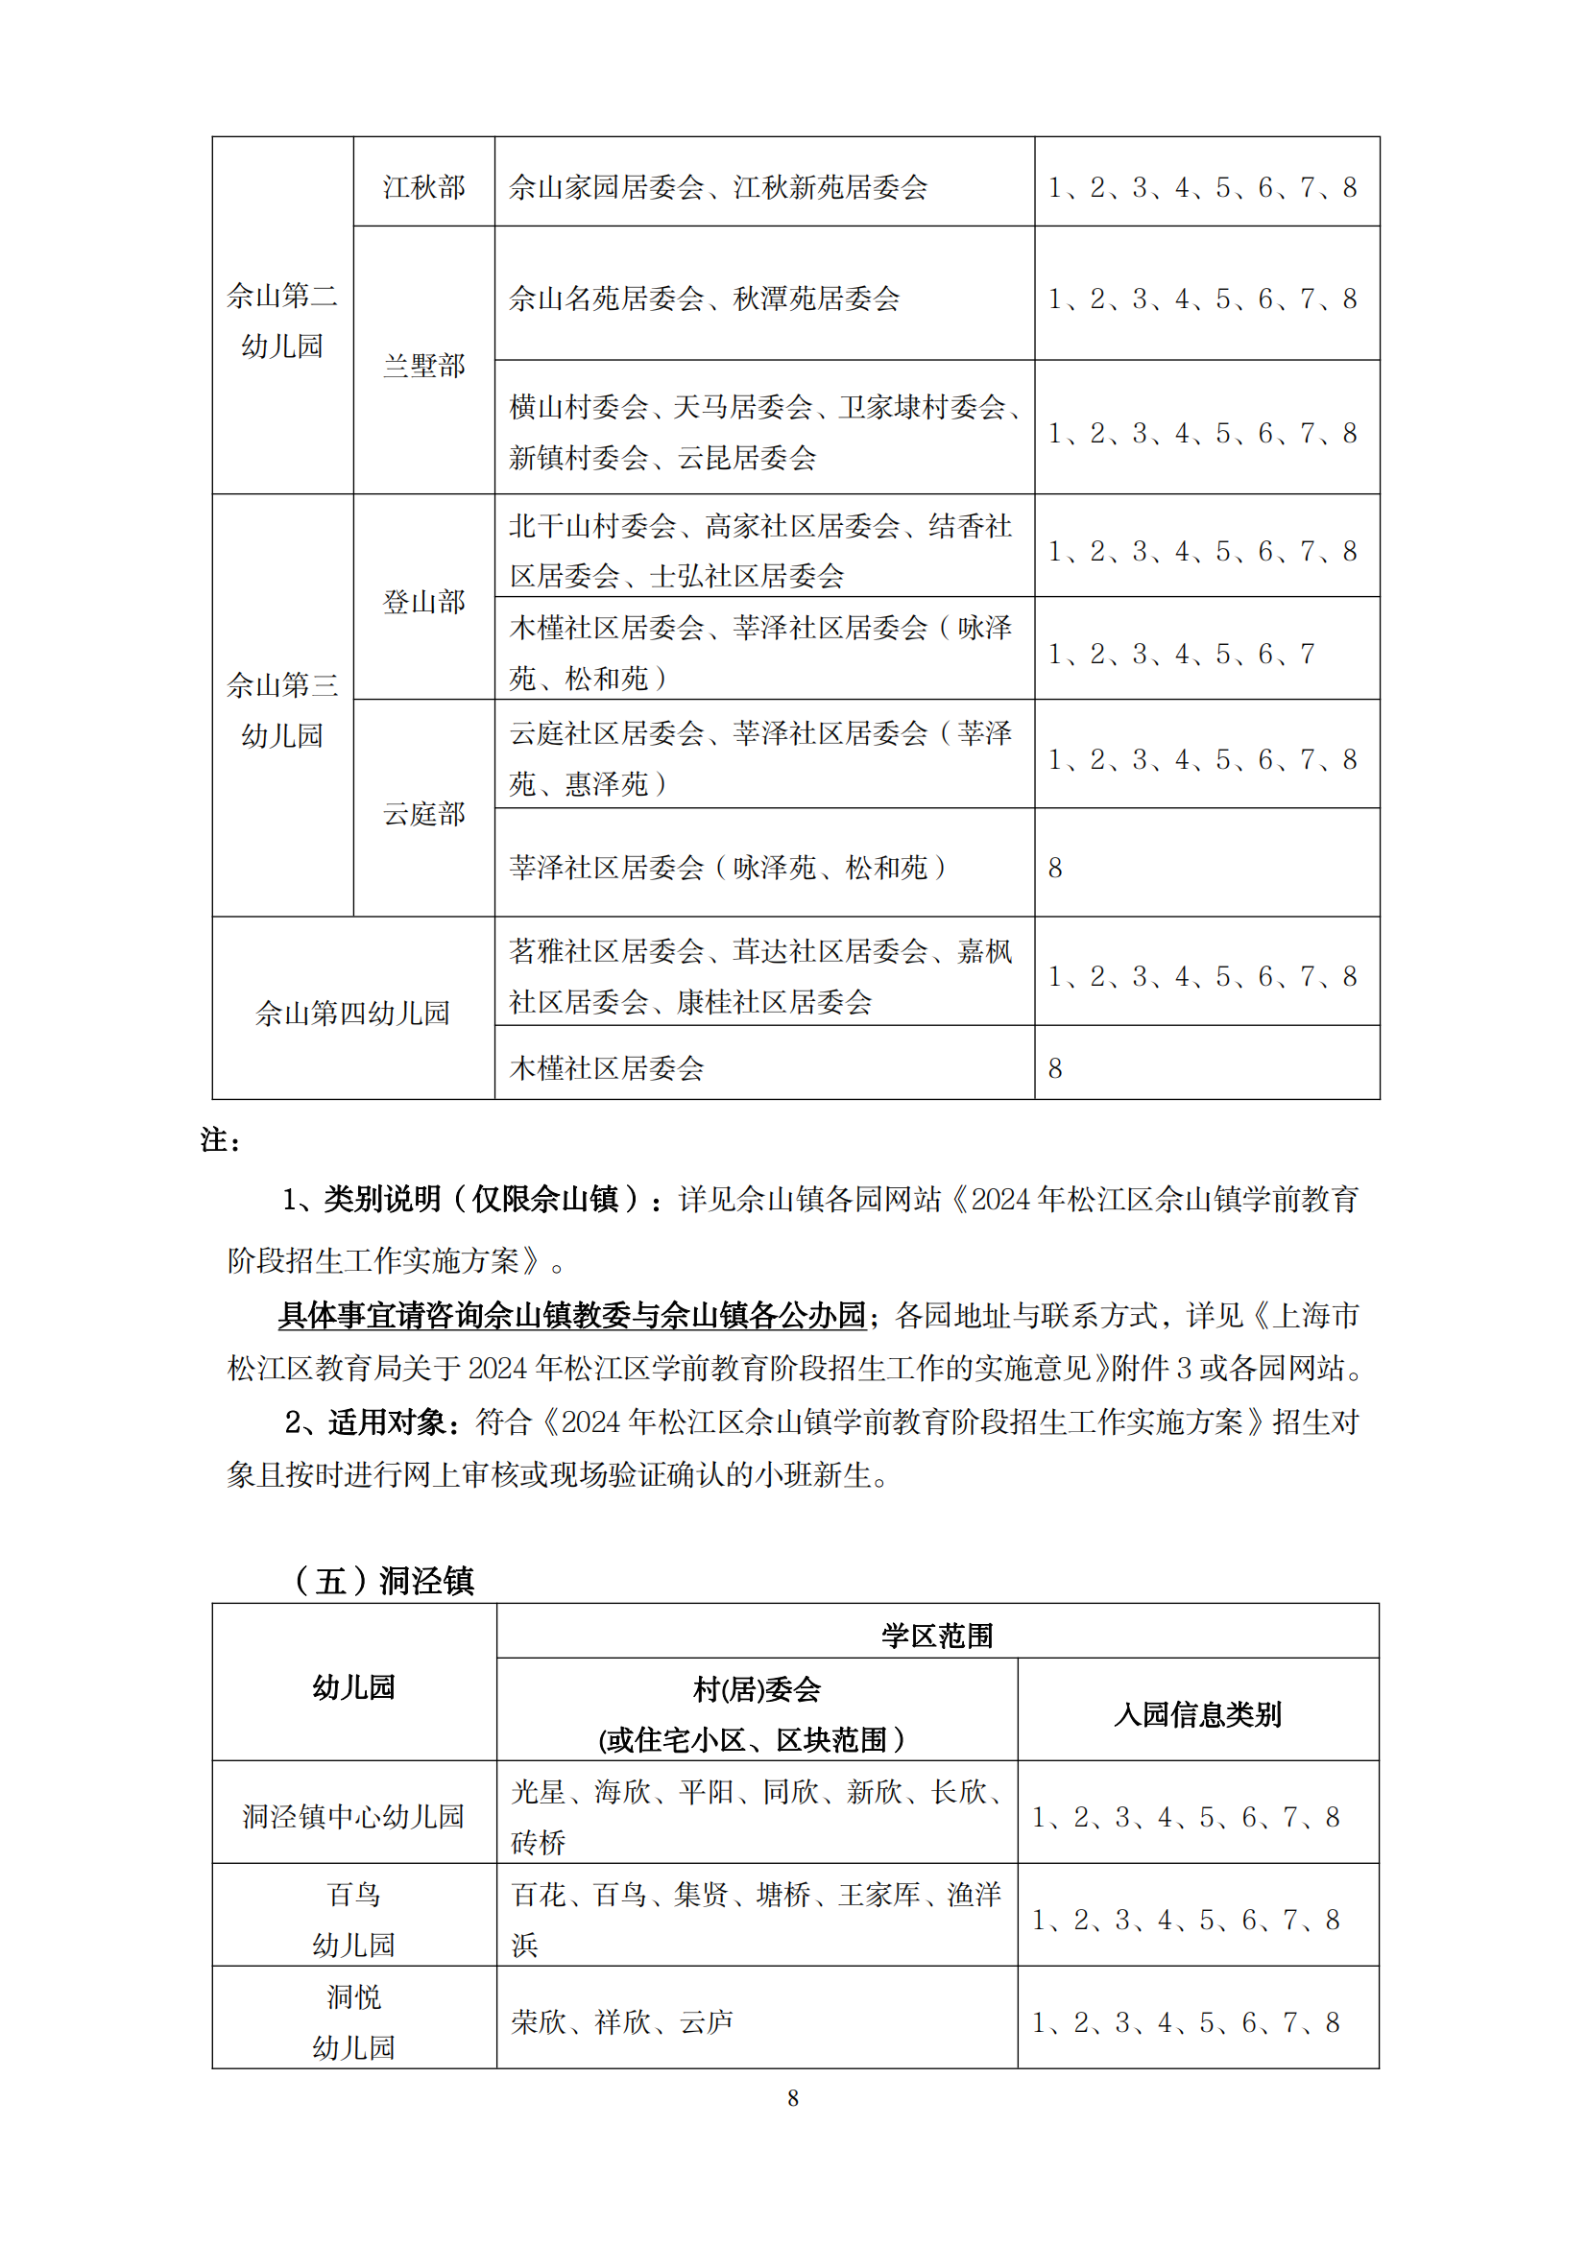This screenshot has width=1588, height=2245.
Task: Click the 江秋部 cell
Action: (x=423, y=187)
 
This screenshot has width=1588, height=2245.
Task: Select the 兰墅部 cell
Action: (x=423, y=366)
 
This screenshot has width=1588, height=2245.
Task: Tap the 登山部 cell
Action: (x=423, y=602)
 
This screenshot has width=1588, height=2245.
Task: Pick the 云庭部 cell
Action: (x=423, y=814)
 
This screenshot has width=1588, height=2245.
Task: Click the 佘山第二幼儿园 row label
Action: (x=281, y=320)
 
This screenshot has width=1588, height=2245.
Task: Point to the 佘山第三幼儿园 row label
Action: (x=281, y=710)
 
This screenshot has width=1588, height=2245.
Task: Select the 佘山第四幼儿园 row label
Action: (x=352, y=1013)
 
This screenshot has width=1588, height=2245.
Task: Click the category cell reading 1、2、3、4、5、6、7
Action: (x=1181, y=654)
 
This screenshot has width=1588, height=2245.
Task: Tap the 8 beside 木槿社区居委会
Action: (x=1055, y=1067)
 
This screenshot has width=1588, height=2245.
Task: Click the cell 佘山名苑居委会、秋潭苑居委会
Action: (x=704, y=299)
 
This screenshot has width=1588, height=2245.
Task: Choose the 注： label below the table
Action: (x=221, y=1139)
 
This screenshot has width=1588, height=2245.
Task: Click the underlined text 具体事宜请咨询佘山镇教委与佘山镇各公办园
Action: (x=572, y=1315)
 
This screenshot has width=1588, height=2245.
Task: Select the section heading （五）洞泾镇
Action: (x=383, y=1580)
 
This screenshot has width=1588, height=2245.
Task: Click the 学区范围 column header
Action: (x=937, y=1635)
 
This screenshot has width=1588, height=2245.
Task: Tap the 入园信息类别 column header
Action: (x=1197, y=1714)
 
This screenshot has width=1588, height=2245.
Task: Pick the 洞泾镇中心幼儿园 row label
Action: (x=353, y=1816)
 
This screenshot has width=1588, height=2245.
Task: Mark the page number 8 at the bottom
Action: (x=793, y=2098)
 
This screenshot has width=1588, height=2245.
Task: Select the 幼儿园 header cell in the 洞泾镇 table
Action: (x=353, y=1686)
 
